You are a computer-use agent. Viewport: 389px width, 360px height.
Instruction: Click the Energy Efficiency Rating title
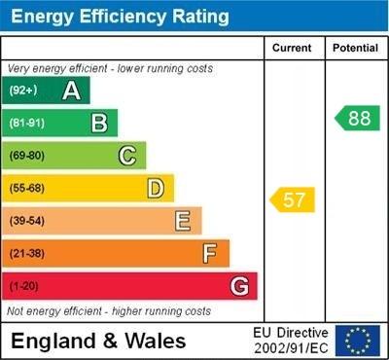(116, 17)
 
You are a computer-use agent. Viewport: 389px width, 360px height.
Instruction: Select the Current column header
(292, 48)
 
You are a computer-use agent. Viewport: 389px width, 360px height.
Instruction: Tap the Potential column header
(354, 48)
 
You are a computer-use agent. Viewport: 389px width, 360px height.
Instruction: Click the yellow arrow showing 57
(293, 199)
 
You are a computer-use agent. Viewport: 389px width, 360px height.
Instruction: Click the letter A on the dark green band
(71, 90)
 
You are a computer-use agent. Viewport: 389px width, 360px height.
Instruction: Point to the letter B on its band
(99, 123)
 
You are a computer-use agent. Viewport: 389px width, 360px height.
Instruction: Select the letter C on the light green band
(127, 155)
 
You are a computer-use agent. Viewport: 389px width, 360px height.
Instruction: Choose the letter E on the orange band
(183, 221)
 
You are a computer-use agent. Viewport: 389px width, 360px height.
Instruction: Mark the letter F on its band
(210, 254)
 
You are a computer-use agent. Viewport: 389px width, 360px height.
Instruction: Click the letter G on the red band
(239, 286)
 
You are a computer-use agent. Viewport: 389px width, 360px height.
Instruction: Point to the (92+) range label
(22, 90)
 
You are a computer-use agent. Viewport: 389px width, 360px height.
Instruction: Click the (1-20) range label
(24, 286)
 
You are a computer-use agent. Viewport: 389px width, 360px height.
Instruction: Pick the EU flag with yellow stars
(358, 341)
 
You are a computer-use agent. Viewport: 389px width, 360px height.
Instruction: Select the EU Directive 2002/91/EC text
(291, 341)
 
